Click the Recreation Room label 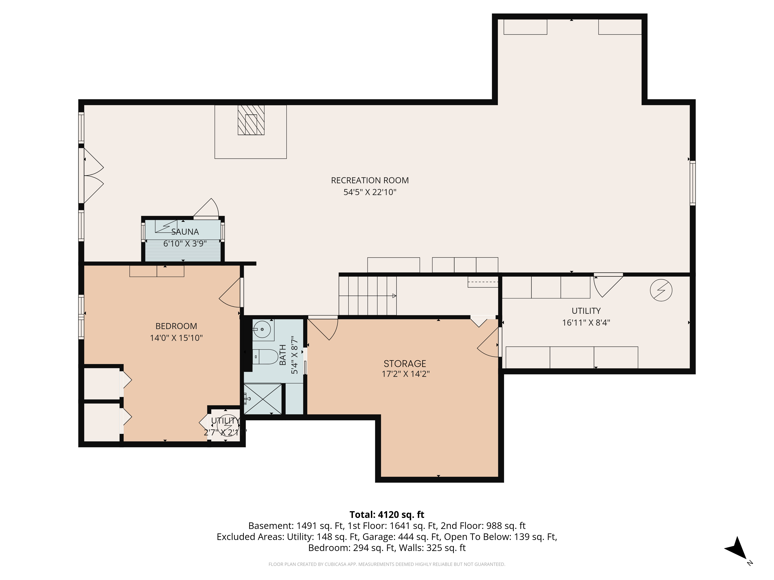(370, 180)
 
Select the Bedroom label (176, 326)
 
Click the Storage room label (405, 364)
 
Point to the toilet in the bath (265, 357)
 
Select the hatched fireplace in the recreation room (251, 120)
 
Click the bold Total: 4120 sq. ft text (387, 515)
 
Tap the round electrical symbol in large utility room (661, 290)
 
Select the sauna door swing (206, 208)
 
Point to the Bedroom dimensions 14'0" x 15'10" (176, 338)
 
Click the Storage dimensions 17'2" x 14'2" (406, 374)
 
